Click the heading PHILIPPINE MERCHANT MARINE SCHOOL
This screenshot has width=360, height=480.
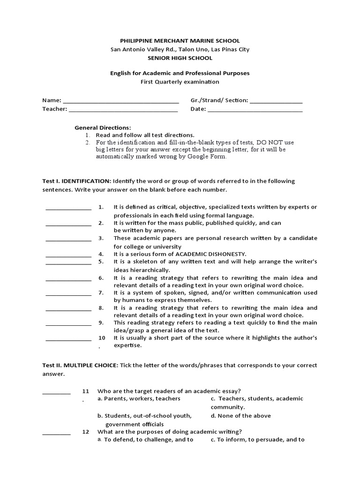point(180,41)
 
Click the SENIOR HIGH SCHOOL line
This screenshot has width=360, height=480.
point(180,58)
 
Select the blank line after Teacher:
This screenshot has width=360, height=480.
point(123,110)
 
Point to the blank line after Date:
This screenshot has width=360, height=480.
point(255,110)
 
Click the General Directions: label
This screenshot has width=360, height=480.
point(103,127)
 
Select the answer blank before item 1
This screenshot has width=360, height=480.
point(68,209)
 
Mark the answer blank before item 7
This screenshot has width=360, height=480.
point(68,294)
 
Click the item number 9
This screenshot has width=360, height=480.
point(101,322)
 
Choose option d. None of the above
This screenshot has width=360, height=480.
point(240,415)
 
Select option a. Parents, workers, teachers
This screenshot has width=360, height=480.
point(139,398)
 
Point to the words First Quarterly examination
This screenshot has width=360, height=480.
point(180,82)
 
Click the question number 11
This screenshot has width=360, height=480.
point(85,391)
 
